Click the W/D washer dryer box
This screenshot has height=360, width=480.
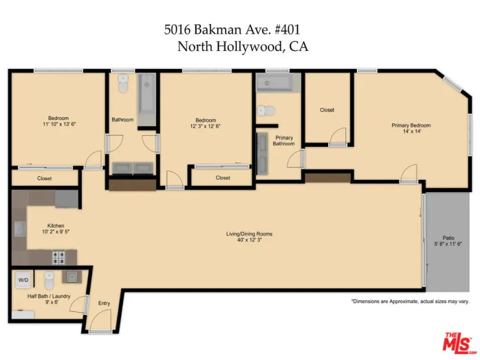click(x=23, y=280)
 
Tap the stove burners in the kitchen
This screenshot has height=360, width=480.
click(x=58, y=257)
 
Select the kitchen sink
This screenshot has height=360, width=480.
click(x=20, y=229)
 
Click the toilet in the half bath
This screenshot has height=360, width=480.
click(x=49, y=280)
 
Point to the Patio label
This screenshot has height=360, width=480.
click(x=448, y=238)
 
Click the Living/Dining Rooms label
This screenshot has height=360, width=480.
click(x=249, y=234)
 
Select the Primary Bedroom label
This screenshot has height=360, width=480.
click(x=411, y=125)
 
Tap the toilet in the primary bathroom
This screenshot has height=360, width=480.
click(x=266, y=110)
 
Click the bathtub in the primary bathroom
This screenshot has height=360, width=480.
click(x=274, y=83)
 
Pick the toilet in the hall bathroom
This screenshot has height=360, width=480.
click(x=123, y=83)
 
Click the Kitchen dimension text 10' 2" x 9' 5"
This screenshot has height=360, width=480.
click(x=56, y=232)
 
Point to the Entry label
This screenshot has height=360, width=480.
click(x=104, y=303)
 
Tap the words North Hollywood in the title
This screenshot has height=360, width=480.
click(x=230, y=47)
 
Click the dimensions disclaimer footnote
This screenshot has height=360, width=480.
click(x=410, y=301)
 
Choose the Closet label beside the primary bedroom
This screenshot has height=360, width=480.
click(x=327, y=110)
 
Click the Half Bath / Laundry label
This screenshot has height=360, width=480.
click(x=49, y=296)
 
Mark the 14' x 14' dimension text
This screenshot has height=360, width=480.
click(x=412, y=131)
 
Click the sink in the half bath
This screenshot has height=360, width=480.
click(x=72, y=277)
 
